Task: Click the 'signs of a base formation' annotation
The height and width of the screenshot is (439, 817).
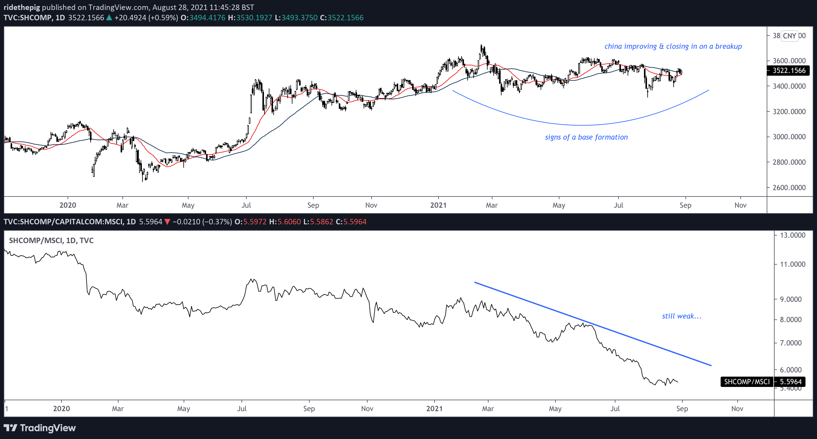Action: tap(586, 137)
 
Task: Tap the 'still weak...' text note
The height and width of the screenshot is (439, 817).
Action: tap(682, 316)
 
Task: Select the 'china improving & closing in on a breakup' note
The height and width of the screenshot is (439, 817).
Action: tap(673, 46)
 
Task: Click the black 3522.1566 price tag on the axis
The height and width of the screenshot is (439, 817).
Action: tap(789, 70)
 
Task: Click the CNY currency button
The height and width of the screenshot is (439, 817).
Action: tap(789, 36)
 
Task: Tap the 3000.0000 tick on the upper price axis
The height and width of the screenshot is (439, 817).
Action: tap(789, 137)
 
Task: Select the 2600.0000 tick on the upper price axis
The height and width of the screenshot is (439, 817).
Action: tap(789, 187)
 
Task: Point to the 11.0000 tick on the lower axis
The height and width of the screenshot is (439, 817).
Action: tap(792, 264)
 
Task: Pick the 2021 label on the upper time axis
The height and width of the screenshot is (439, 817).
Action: tap(438, 205)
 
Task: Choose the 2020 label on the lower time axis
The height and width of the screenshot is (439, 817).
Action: tap(62, 408)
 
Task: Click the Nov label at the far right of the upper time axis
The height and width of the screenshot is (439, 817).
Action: tap(741, 205)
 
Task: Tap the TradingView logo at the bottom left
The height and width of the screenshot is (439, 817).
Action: tap(40, 428)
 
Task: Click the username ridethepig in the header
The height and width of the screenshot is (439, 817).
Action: tap(22, 7)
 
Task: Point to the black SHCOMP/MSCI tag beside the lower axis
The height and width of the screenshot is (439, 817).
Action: tap(747, 382)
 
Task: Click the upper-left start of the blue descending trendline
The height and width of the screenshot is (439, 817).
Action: tap(475, 282)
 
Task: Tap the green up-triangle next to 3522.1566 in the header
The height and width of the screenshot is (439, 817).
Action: tap(109, 18)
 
